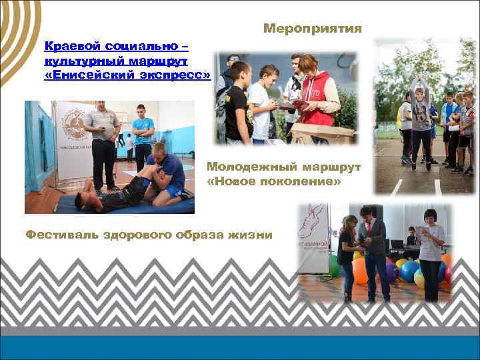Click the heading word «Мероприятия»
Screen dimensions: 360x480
coord(312,29)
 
